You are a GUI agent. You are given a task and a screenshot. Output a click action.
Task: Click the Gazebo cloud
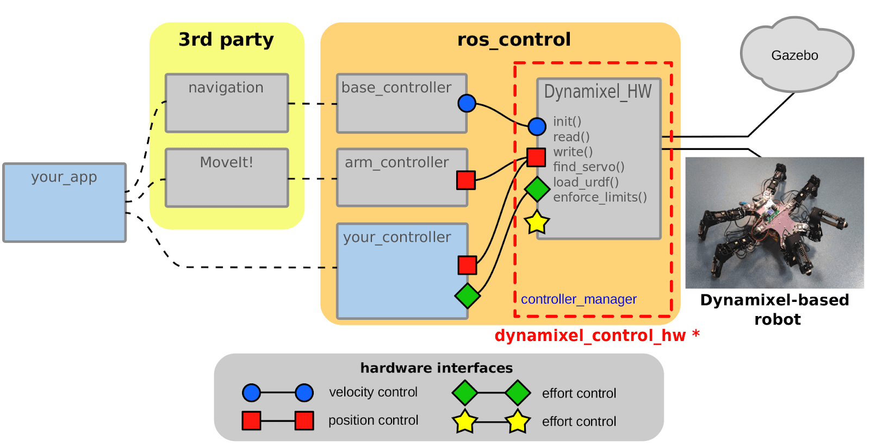pyautogui.click(x=794, y=55)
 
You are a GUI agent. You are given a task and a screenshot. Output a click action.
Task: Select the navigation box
pyautogui.click(x=226, y=103)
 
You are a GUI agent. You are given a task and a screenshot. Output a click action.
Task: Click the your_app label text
pyautogui.click(x=64, y=177)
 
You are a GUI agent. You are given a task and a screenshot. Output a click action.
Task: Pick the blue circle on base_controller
pyautogui.click(x=467, y=103)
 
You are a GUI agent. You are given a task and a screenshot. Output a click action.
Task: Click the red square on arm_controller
pyautogui.click(x=466, y=180)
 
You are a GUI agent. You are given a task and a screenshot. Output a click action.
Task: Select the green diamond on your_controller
pyautogui.click(x=468, y=295)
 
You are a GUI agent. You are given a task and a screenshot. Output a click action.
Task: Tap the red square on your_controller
pyautogui.click(x=467, y=265)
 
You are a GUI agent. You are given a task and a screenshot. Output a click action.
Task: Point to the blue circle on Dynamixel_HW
pyautogui.click(x=537, y=126)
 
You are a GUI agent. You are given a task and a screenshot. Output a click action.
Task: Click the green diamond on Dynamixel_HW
pyautogui.click(x=537, y=189)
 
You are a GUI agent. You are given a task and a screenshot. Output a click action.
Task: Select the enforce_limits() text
pyautogui.click(x=600, y=197)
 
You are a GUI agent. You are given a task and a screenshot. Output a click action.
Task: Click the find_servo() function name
pyautogui.click(x=588, y=167)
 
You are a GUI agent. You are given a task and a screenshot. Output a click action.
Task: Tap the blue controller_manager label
pyautogui.click(x=579, y=299)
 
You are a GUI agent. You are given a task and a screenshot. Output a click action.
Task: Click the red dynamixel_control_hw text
pyautogui.click(x=590, y=336)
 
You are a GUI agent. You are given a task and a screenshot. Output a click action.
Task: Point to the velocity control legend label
pyautogui.click(x=373, y=392)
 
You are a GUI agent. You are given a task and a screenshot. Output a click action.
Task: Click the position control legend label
pyautogui.click(x=373, y=420)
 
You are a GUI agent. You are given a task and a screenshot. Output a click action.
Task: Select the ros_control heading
pyautogui.click(x=514, y=39)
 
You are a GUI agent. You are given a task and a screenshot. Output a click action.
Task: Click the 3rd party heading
pyautogui.click(x=226, y=39)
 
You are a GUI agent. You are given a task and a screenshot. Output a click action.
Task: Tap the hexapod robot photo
pyautogui.click(x=774, y=223)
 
